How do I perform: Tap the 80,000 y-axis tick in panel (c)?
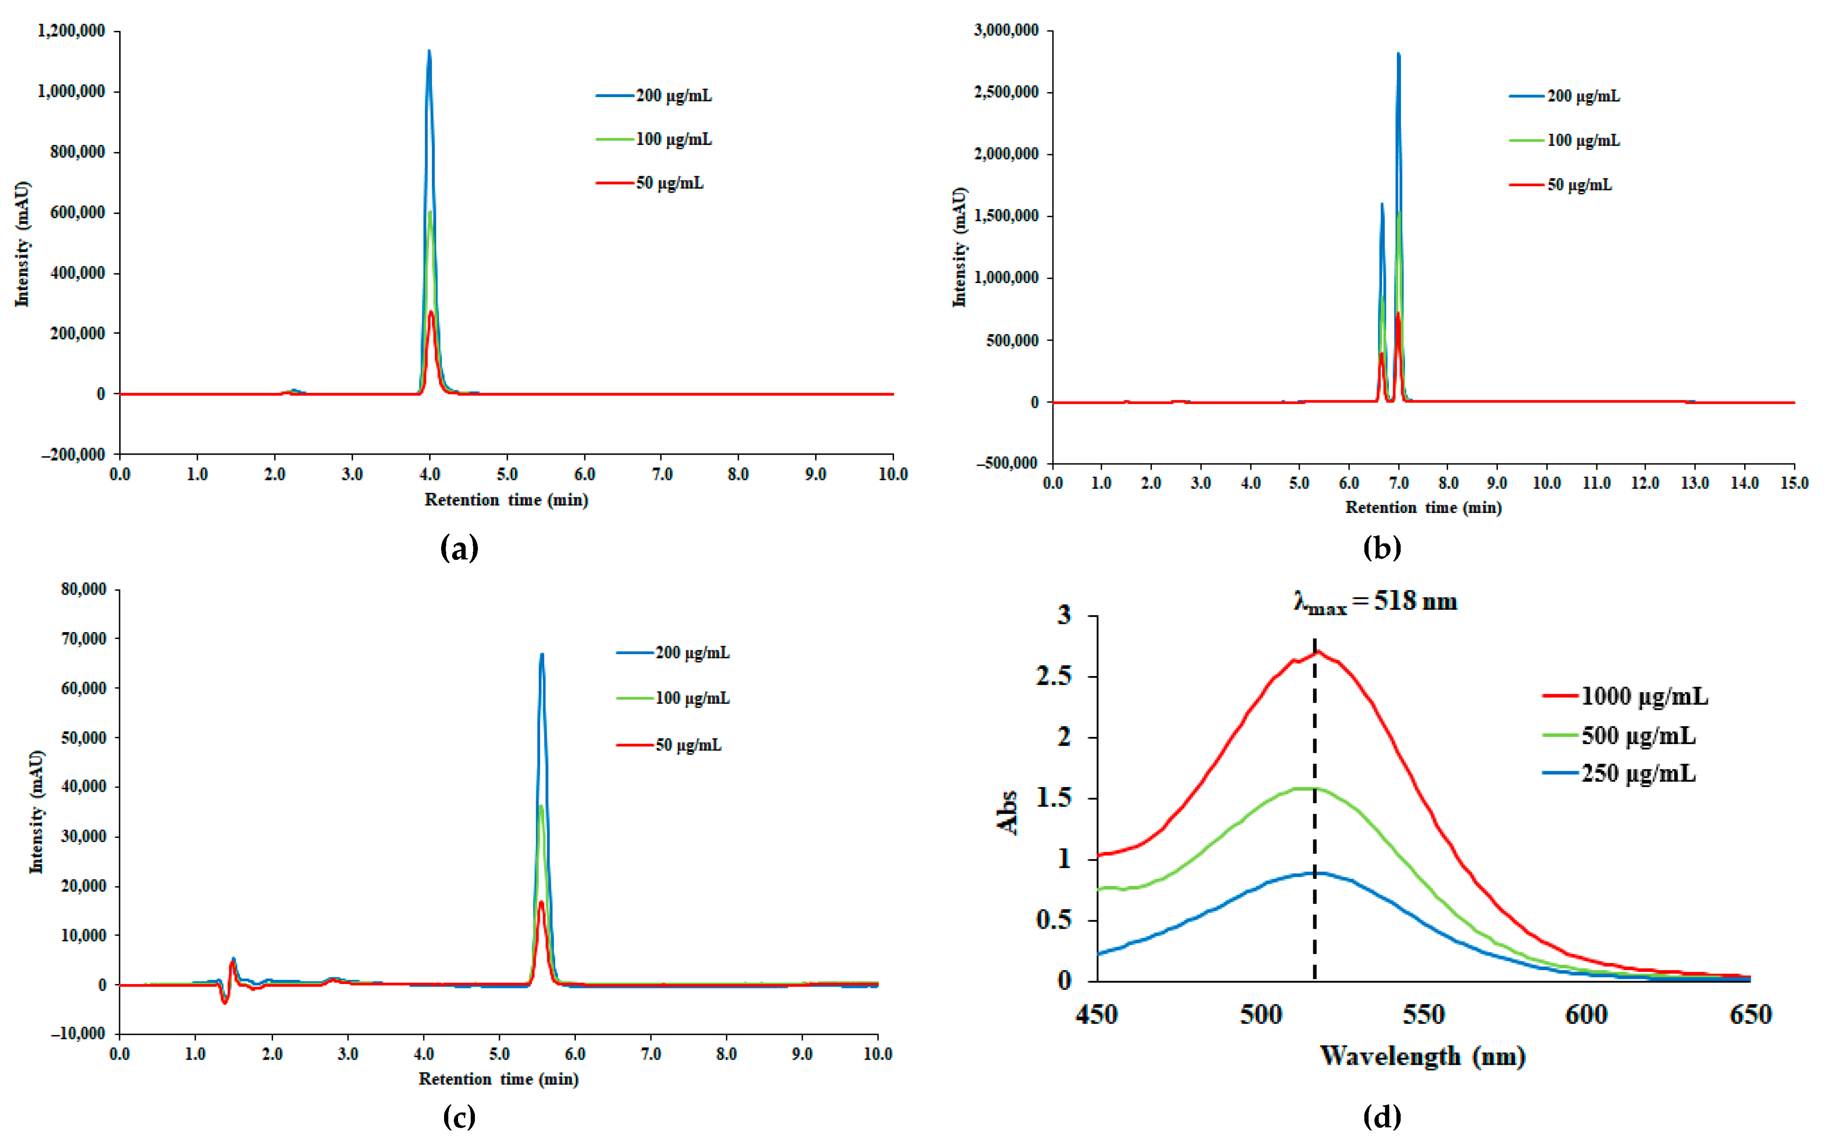point(84,589)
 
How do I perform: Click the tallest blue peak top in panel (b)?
point(1398,54)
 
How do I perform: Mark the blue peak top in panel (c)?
point(542,654)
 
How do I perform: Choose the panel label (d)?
point(1382,1116)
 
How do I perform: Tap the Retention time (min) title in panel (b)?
point(1423,507)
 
